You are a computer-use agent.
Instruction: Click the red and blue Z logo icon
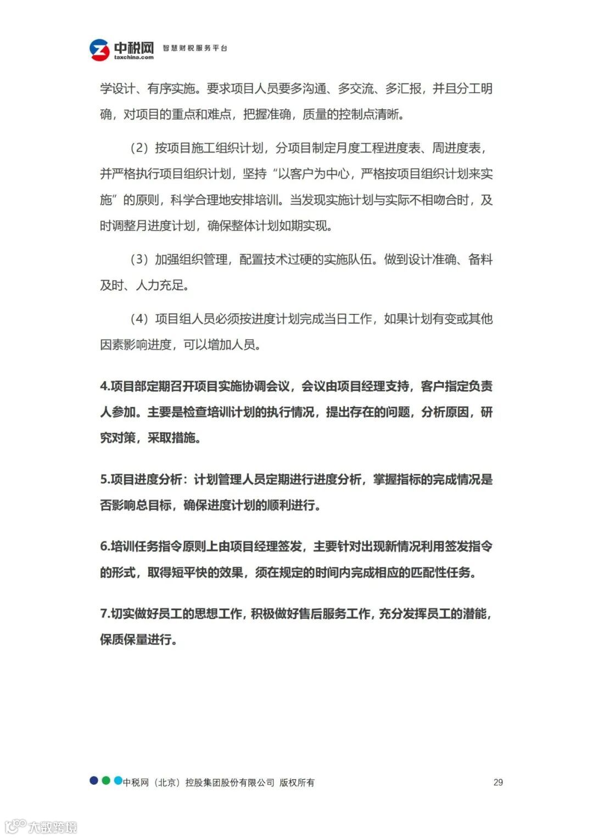click(x=99, y=50)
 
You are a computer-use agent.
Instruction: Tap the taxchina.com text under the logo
click(x=134, y=57)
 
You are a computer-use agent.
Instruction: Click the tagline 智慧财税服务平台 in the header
click(x=195, y=48)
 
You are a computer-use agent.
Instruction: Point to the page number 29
click(x=498, y=782)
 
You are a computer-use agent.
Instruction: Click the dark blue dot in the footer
click(x=94, y=780)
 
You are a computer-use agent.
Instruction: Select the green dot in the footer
click(x=106, y=780)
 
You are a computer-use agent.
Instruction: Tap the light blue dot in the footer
click(x=118, y=780)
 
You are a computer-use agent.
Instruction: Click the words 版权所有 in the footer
click(x=297, y=783)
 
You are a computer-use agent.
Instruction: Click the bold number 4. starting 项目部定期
click(x=105, y=386)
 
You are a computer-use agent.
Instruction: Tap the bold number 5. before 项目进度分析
click(x=105, y=480)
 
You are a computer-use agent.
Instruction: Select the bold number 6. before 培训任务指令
click(x=105, y=547)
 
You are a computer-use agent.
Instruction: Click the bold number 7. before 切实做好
click(x=105, y=614)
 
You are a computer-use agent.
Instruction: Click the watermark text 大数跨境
click(x=53, y=826)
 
